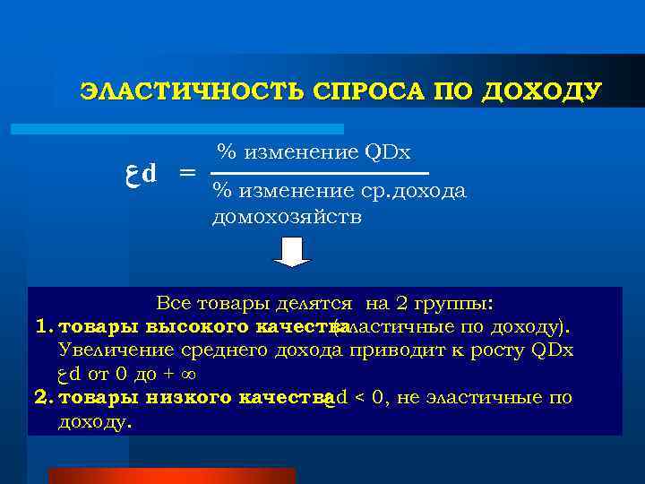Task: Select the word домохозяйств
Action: (x=288, y=217)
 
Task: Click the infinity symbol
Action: (x=188, y=373)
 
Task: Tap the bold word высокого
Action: (x=186, y=325)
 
